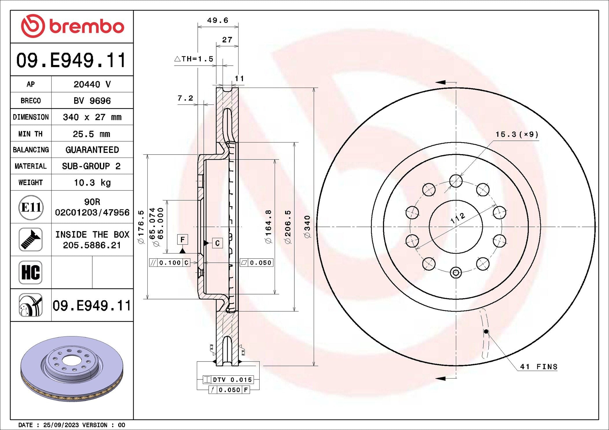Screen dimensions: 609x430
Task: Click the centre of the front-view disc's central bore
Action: pyautogui.click(x=456, y=227)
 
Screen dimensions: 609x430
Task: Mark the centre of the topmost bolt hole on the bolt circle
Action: pyautogui.click(x=456, y=181)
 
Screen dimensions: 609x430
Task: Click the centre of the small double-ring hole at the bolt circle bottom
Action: pyautogui.click(x=456, y=273)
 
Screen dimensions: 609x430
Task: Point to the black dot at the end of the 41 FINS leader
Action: pyautogui.click(x=486, y=331)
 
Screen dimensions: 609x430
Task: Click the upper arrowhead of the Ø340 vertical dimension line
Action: pyautogui.click(x=314, y=90)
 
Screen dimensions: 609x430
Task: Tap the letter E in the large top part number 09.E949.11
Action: pyautogui.click(x=59, y=60)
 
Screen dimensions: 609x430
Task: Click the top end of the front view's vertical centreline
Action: pyautogui.click(x=456, y=82)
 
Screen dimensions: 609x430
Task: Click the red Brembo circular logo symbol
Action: pyautogui.click(x=33, y=26)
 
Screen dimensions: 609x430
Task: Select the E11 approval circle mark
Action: pyautogui.click(x=31, y=207)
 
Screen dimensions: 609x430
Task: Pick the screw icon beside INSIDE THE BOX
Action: pyautogui.click(x=31, y=240)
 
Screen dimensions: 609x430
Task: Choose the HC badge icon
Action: pyautogui.click(x=30, y=273)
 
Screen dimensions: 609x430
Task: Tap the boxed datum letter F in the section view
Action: pyautogui.click(x=182, y=240)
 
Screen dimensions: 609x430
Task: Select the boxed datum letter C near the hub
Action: pyautogui.click(x=217, y=243)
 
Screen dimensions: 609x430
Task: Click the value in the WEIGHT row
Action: pyautogui.click(x=92, y=183)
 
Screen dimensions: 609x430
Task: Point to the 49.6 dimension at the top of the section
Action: pyautogui.click(x=218, y=20)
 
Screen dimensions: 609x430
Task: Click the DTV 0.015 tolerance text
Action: pyautogui.click(x=233, y=380)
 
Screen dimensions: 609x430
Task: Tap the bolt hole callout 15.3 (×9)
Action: pyautogui.click(x=517, y=134)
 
